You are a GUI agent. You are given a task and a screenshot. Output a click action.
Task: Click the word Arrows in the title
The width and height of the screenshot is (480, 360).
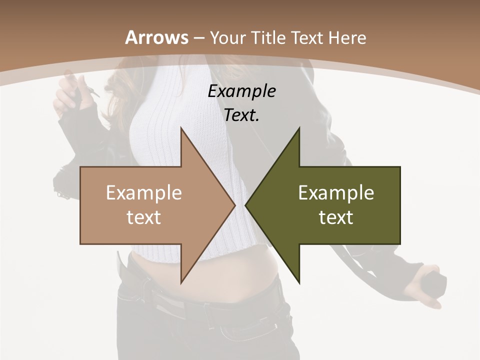click(x=156, y=37)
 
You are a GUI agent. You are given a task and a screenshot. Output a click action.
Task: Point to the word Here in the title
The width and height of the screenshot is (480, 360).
click(x=346, y=38)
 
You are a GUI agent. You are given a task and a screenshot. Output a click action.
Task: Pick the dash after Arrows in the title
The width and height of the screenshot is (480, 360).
click(x=199, y=38)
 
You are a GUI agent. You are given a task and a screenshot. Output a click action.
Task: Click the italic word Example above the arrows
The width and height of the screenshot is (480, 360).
click(x=241, y=91)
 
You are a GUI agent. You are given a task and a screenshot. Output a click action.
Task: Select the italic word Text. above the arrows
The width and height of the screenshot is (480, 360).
click(x=241, y=115)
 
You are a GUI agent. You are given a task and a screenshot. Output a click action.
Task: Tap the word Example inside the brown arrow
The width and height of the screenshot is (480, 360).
click(x=144, y=193)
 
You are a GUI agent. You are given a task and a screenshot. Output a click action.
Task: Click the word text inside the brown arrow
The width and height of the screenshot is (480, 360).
click(x=144, y=217)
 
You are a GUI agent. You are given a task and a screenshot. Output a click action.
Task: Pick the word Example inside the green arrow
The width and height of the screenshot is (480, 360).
click(x=336, y=193)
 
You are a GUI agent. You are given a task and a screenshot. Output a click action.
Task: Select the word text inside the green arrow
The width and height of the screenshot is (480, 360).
click(x=336, y=217)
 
